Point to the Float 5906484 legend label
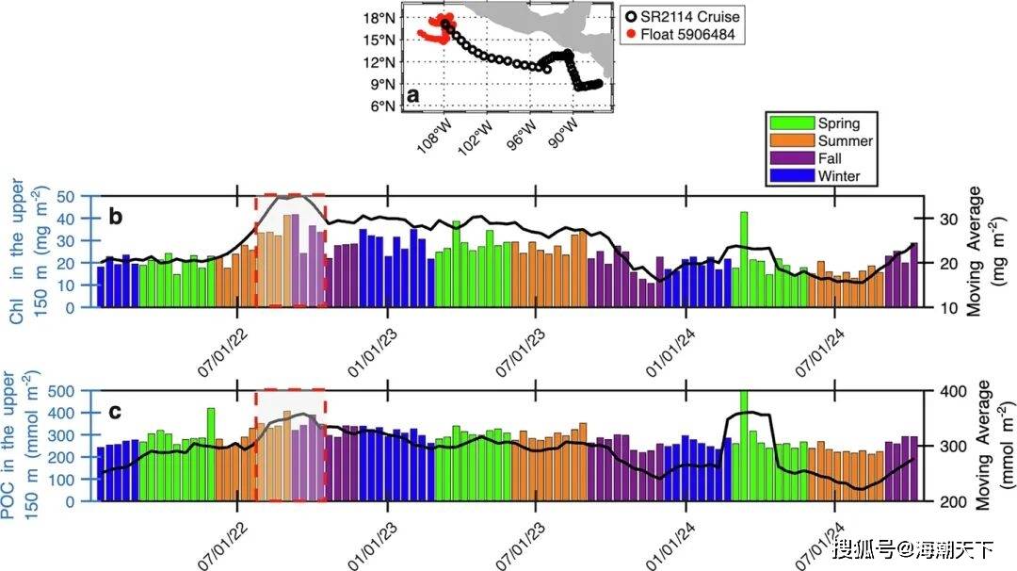click(x=687, y=35)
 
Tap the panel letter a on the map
click(x=412, y=96)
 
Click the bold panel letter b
click(x=115, y=217)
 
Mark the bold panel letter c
click(x=115, y=411)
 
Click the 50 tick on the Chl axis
click(x=66, y=196)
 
